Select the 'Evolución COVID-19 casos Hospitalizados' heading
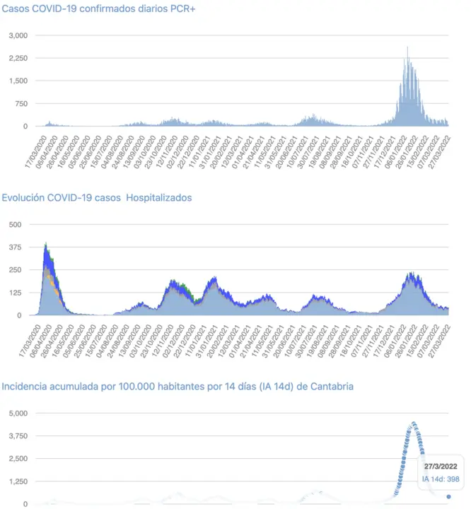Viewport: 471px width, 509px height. click(97, 198)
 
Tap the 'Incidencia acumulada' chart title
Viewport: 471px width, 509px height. click(178, 387)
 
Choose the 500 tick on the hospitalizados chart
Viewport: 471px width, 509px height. click(16, 224)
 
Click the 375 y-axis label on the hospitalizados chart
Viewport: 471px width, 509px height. click(16, 247)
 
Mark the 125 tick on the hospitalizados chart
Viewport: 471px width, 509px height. click(16, 293)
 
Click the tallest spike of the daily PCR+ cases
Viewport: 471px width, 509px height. click(407, 48)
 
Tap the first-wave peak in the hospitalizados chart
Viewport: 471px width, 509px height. click(46, 244)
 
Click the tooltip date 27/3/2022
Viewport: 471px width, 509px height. click(441, 467)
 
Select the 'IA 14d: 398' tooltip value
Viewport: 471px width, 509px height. click(441, 479)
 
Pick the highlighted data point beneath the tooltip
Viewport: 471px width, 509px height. click(448, 496)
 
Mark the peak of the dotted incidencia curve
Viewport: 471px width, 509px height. click(414, 423)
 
